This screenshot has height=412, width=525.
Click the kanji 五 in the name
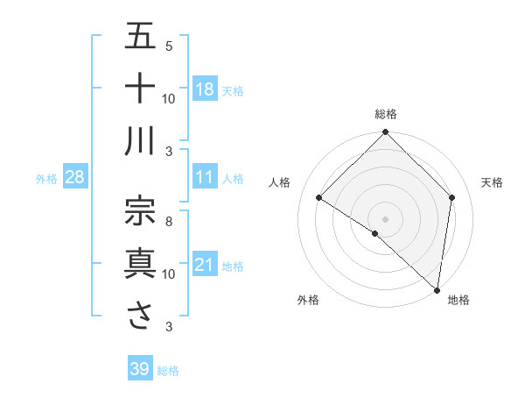[x=140, y=37]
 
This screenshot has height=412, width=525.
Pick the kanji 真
[x=140, y=263]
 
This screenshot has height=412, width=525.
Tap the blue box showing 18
[x=205, y=89]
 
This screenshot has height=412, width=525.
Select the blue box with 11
[x=205, y=177]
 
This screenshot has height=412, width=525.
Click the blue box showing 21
[x=205, y=265]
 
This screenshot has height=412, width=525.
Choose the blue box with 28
[x=74, y=177]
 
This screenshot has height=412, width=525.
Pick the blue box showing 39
[x=139, y=369]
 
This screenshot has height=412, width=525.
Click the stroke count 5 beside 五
[x=168, y=46]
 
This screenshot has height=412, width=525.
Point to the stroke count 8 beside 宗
[x=168, y=222]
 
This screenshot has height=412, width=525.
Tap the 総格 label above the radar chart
[x=386, y=114]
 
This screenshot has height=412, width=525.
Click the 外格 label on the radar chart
[x=307, y=300]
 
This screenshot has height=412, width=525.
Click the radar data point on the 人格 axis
[x=319, y=198]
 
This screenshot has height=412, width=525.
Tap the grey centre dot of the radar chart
[x=386, y=218]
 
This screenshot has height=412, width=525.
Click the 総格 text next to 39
[x=168, y=371]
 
